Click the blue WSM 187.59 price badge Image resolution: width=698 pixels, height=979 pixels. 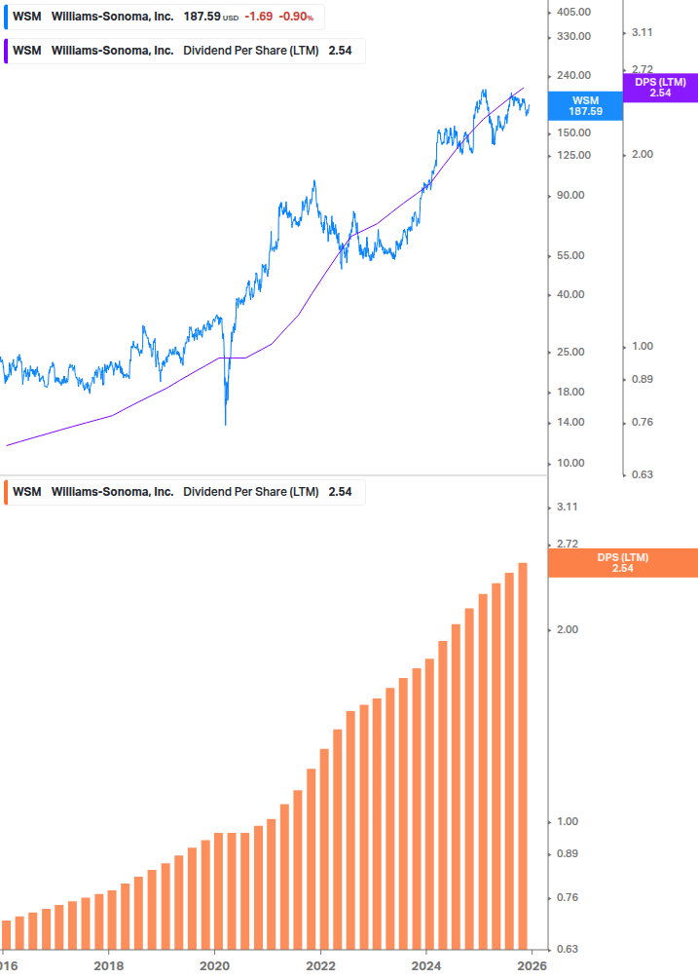pos(585,106)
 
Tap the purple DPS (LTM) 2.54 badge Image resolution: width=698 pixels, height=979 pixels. pos(660,88)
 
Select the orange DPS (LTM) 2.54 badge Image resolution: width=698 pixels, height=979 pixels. pos(623,563)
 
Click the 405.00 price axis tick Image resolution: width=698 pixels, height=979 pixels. pos(572,12)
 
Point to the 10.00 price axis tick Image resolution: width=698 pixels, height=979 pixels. pos(572,464)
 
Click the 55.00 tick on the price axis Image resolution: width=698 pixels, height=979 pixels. pos(572,255)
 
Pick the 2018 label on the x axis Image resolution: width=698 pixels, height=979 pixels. pos(108,966)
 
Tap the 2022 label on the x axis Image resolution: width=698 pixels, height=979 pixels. pos(320,966)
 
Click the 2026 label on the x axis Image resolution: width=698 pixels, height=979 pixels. pos(532,966)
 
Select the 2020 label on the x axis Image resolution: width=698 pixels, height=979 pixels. pos(214,966)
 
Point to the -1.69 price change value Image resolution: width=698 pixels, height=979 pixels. pos(260,17)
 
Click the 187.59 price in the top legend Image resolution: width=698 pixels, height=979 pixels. pos(202,17)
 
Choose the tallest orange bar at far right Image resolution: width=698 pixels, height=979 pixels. pos(523,755)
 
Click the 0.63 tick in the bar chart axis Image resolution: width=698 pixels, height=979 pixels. pos(567,948)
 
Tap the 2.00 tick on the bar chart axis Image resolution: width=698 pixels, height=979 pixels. pos(567,629)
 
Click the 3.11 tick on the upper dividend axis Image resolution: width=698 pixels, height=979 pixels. pos(642,32)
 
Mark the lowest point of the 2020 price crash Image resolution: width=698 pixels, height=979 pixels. pos(226,424)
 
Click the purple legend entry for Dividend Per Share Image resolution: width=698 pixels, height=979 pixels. pos(185,51)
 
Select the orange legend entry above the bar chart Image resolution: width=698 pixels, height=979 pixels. pos(185,492)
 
